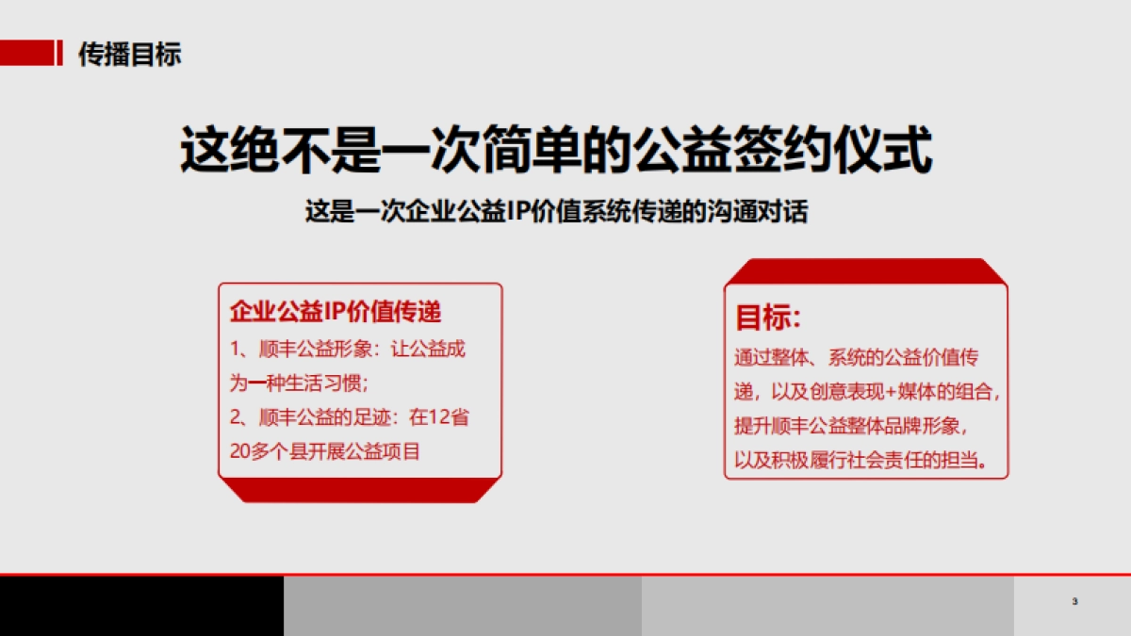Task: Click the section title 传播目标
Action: point(129,54)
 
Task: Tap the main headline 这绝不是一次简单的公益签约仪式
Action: point(556,151)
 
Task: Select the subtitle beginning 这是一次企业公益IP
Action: point(556,211)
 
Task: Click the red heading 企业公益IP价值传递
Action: point(336,311)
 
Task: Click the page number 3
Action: point(1074,602)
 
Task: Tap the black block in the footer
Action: point(141,606)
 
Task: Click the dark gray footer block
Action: point(462,606)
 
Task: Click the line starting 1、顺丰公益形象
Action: point(349,350)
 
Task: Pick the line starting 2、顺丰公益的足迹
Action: point(349,417)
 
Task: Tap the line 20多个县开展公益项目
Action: point(325,451)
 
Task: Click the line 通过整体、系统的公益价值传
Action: point(857,358)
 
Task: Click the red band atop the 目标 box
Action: point(865,270)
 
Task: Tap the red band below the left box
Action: point(360,490)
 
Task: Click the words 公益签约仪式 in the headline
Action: point(782,151)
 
